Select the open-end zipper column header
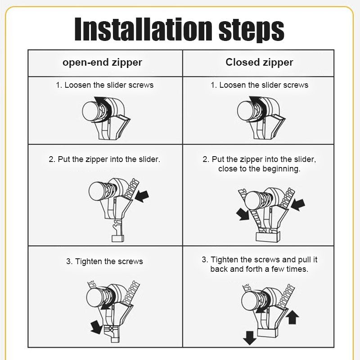pos(102,62)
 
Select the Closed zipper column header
pos(259,62)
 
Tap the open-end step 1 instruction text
pos(104,85)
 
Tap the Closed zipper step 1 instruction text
pos(259,85)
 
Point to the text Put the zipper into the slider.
pos(104,159)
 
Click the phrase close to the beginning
pos(259,169)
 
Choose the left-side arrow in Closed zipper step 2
pos(243,214)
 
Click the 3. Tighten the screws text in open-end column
pos(104,261)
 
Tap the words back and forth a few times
pos(259,269)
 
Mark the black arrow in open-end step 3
pos(96,326)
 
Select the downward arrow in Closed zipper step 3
pos(248,335)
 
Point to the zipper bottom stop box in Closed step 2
pos(268,235)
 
